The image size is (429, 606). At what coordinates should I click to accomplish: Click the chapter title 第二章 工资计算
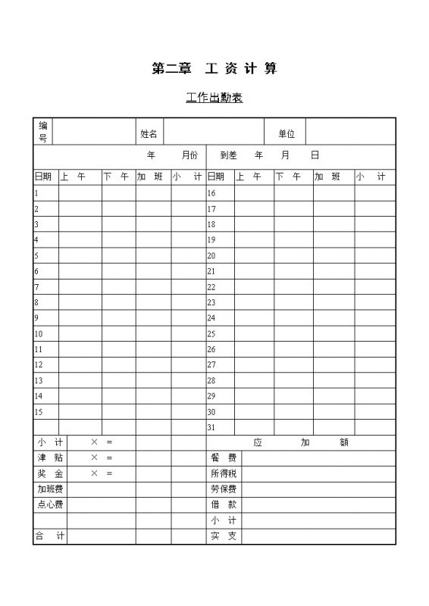click(214, 69)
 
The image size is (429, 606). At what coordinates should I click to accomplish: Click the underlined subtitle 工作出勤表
click(214, 98)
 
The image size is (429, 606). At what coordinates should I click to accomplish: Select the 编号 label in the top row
click(42, 131)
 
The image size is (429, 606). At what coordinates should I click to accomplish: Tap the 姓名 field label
click(149, 134)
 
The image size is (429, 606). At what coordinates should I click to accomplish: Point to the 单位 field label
click(286, 134)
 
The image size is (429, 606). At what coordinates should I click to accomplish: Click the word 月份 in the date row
click(189, 155)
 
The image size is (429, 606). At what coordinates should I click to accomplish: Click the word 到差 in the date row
click(228, 155)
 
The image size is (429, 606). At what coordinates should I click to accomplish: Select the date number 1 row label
click(36, 193)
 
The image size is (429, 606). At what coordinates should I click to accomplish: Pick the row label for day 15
click(38, 412)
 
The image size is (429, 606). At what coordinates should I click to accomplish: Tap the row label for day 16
click(211, 193)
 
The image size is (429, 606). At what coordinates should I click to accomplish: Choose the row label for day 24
click(211, 318)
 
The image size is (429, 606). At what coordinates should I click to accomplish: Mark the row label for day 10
click(38, 334)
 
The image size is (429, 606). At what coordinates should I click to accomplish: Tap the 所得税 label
click(224, 473)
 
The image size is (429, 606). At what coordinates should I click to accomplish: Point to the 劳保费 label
click(224, 489)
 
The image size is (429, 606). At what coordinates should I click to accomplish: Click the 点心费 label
click(51, 504)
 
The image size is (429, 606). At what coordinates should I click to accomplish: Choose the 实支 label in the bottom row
click(224, 536)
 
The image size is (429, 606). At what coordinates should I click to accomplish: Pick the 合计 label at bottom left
click(50, 536)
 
